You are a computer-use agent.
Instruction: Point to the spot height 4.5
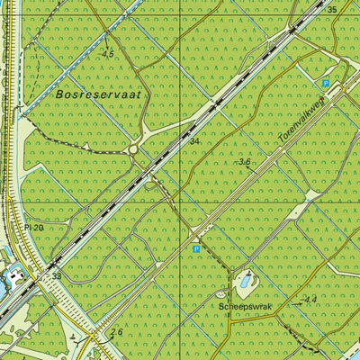108,54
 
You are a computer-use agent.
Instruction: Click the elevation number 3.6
245,162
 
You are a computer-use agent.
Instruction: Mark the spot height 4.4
310,300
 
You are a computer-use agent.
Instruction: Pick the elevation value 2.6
116,332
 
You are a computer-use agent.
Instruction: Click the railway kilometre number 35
332,10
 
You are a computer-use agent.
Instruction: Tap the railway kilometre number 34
194,141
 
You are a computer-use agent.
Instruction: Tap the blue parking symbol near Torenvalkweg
326,84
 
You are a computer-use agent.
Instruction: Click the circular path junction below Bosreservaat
135,149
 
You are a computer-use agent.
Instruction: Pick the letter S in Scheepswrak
220,306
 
